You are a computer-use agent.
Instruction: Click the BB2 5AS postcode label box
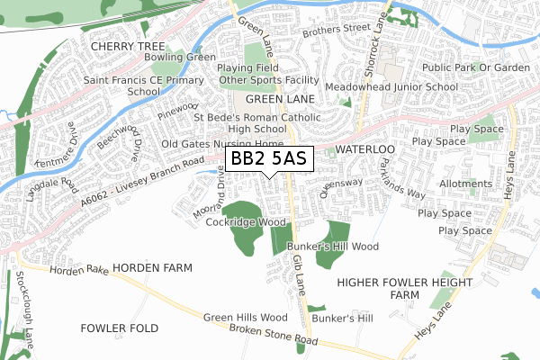click(268, 158)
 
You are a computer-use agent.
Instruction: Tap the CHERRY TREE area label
click(127, 44)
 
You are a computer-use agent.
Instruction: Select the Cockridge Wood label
click(246, 222)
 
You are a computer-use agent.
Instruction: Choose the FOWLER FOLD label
click(120, 328)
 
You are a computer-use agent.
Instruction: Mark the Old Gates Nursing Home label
click(221, 144)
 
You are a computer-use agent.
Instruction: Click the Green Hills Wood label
click(245, 317)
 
